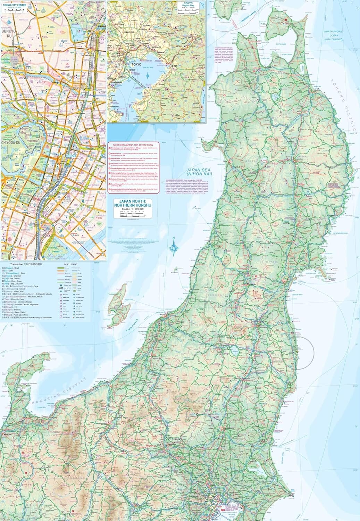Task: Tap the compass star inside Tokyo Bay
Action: tap(148, 75)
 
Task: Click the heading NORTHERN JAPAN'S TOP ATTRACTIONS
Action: tap(133, 144)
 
